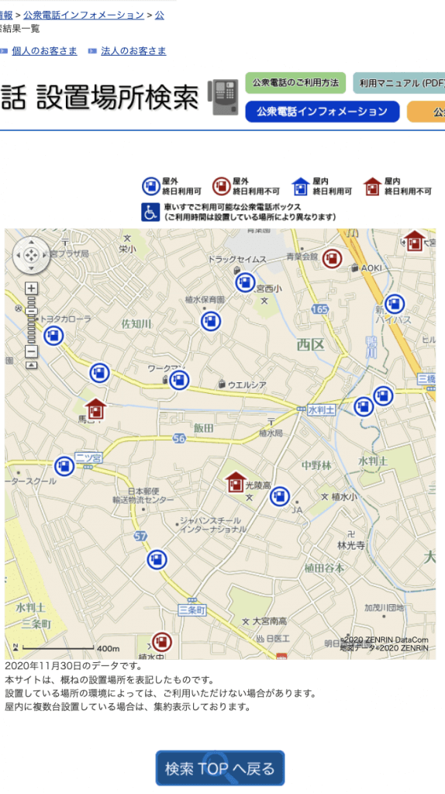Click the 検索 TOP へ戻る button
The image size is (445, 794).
click(220, 768)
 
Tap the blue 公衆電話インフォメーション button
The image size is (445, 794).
click(323, 112)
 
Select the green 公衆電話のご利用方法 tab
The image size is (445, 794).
click(295, 83)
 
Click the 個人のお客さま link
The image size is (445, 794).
click(44, 51)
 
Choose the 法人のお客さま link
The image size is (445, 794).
click(133, 51)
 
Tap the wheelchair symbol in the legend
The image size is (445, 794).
click(150, 212)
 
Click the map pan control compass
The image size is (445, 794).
click(31, 254)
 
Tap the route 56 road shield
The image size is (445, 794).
click(180, 439)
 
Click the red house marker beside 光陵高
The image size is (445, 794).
click(236, 483)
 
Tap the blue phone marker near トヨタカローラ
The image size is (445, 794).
click(53, 336)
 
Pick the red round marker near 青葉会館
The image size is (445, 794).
click(333, 258)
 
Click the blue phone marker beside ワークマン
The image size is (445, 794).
click(179, 380)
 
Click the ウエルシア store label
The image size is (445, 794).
click(247, 385)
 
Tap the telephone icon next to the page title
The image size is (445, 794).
click(224, 97)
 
